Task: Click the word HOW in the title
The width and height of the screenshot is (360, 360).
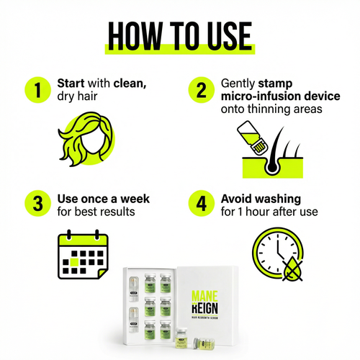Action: [x=135, y=36]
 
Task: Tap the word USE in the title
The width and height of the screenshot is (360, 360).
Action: [x=229, y=36]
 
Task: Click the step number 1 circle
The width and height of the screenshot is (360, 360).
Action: [x=37, y=90]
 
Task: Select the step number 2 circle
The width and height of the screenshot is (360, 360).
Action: [x=201, y=90]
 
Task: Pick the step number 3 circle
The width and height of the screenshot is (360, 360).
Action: [x=37, y=204]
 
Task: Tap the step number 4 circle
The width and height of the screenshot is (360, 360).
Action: [x=201, y=204]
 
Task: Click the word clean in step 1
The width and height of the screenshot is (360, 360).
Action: [x=130, y=84]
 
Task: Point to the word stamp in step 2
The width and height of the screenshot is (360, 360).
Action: [x=275, y=84]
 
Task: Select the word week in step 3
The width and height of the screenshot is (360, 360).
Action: [x=135, y=199]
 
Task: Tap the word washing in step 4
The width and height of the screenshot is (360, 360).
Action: [x=278, y=199]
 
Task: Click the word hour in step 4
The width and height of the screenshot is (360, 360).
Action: [x=258, y=212]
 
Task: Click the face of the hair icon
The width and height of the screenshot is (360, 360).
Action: [x=93, y=142]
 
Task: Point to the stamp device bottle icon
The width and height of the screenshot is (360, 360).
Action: [x=252, y=138]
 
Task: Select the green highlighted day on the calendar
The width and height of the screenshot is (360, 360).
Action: [x=74, y=262]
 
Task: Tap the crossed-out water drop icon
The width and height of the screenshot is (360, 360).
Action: [x=292, y=269]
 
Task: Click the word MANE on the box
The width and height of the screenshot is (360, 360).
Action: [x=204, y=297]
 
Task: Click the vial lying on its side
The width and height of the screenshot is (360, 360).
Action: [x=204, y=343]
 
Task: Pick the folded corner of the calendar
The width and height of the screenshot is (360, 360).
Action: [x=103, y=274]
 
